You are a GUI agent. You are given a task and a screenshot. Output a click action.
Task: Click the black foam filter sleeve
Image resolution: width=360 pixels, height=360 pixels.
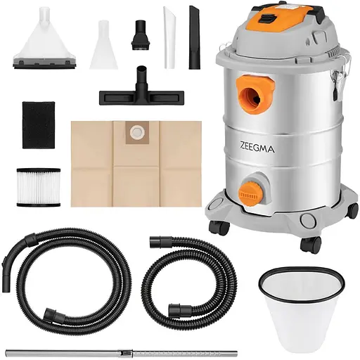point(39,124)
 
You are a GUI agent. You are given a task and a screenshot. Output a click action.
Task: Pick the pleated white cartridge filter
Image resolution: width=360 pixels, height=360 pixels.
point(39,187)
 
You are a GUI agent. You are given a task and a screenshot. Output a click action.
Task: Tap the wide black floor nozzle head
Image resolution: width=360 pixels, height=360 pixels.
point(141,96)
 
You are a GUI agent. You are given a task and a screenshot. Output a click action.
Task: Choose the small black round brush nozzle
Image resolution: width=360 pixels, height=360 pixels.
point(140,35)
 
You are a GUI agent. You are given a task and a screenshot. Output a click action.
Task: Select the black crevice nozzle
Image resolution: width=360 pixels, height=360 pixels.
point(194,37)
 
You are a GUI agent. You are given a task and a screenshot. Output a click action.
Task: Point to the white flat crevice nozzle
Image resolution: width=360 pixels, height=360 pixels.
point(169,37)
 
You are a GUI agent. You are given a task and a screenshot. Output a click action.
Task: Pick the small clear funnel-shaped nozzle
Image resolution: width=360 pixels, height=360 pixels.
point(103,44)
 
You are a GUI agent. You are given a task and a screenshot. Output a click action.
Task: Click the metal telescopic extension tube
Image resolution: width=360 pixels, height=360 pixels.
point(122,352)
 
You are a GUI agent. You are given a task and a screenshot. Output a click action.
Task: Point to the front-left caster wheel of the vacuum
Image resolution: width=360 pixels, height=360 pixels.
point(219,228)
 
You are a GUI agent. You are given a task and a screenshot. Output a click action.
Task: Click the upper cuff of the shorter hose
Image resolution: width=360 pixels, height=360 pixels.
point(160,242)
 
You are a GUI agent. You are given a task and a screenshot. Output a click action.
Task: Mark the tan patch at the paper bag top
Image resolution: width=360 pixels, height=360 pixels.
point(137,132)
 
